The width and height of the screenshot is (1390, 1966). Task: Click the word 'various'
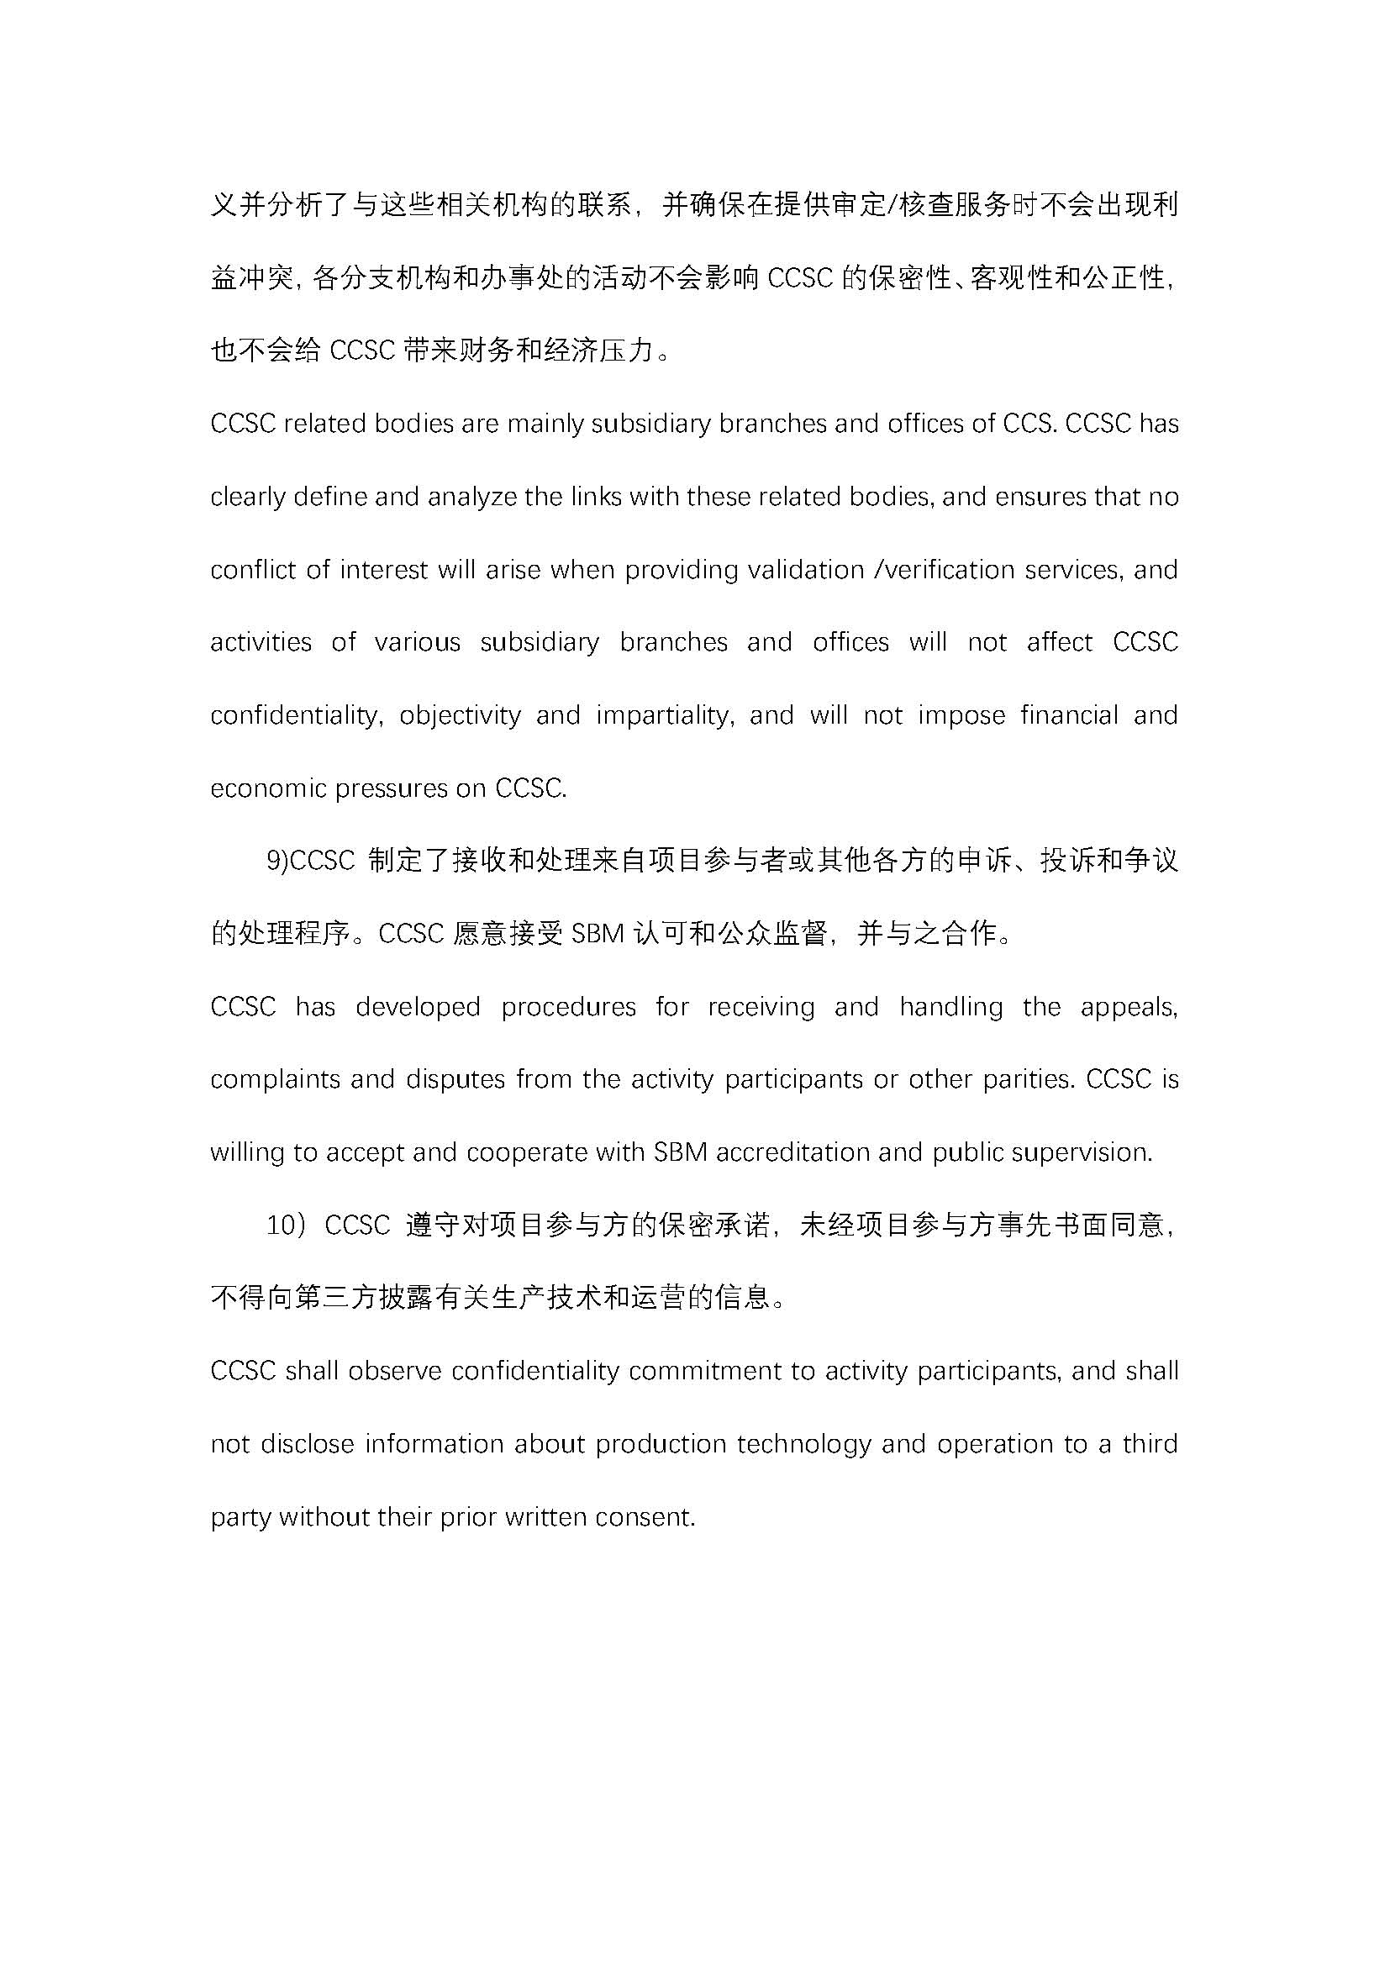click(x=418, y=642)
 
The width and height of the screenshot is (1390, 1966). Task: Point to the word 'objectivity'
click(x=460, y=716)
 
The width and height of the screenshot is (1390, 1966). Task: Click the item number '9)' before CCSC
click(x=277, y=862)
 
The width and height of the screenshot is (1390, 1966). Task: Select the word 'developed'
click(x=418, y=1007)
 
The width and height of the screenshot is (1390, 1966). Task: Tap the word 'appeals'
click(x=1129, y=1007)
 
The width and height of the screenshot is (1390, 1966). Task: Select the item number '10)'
click(x=286, y=1225)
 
